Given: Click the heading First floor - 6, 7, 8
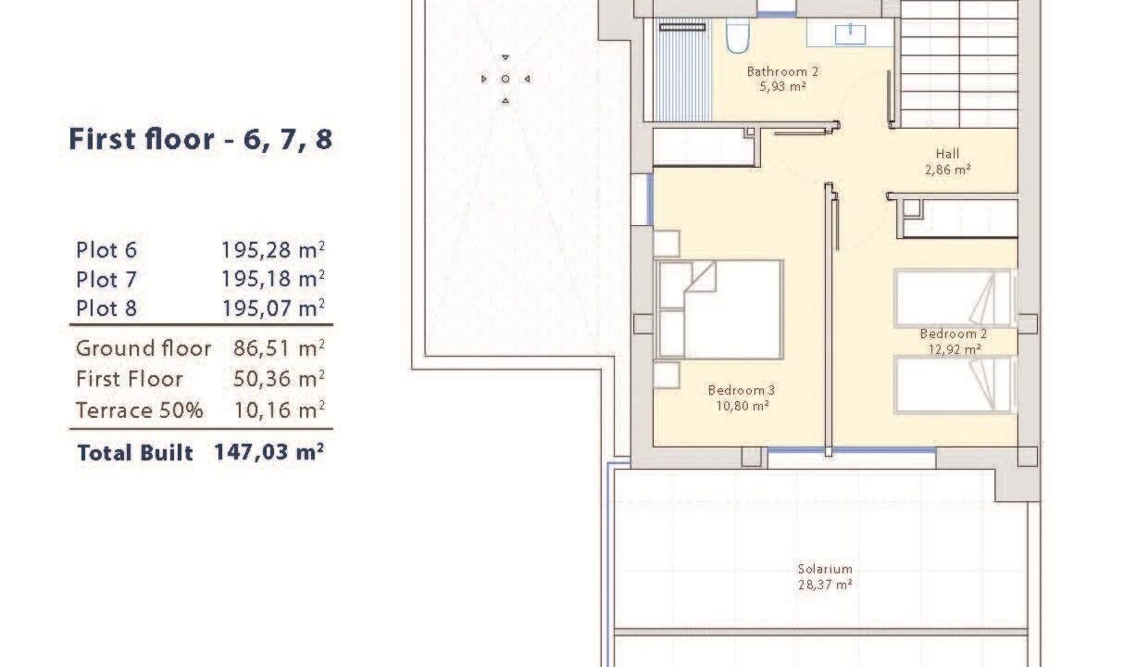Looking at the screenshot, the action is (200, 140).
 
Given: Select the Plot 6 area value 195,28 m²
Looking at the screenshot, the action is (272, 250).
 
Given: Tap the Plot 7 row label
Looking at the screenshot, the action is (106, 280).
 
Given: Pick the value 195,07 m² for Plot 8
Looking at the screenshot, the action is (273, 308).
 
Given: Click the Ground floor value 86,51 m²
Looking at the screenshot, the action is (279, 348).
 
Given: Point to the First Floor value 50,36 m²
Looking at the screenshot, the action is (279, 380).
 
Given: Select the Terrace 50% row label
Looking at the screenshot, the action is (140, 410).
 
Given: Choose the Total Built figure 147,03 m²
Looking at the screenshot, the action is (268, 452).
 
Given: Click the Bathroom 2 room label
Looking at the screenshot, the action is (782, 71).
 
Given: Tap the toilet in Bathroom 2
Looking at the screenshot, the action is (738, 35).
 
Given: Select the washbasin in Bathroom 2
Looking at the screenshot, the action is (850, 33).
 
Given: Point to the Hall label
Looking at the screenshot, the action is (948, 153).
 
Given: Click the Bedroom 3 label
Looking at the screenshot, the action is (742, 390).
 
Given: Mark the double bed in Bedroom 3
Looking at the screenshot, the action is (719, 309).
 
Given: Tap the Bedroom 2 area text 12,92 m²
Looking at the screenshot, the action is (955, 349).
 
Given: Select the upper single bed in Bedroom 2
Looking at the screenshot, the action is (955, 298).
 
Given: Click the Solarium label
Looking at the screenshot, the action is (825, 569).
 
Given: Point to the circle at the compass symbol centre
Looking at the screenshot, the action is (505, 79).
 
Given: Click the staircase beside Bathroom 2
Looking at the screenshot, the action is (959, 63).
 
